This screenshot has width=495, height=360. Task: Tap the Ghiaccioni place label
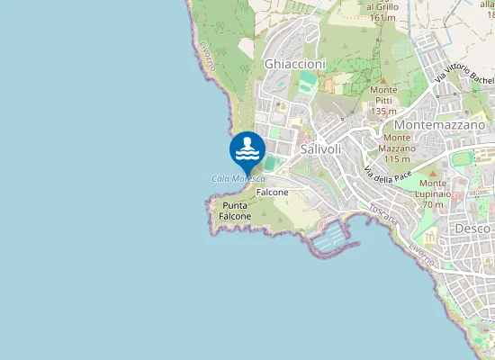294,64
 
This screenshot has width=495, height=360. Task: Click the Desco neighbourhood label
472,229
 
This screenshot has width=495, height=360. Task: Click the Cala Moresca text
238,178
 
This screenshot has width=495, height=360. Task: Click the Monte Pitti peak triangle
382,80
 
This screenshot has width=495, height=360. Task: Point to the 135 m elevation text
384,111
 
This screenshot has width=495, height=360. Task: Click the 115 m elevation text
397,158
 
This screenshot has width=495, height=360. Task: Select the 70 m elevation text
433,204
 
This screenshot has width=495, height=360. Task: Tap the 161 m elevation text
382,17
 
